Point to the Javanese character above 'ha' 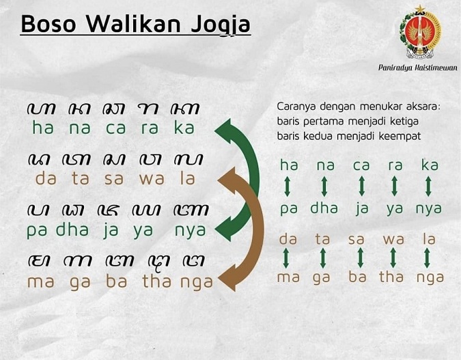click(x=42, y=109)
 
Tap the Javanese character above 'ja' click(x=111, y=210)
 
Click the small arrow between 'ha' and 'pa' click(x=288, y=186)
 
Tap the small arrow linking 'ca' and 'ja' click(x=360, y=186)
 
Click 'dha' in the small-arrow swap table click(x=324, y=209)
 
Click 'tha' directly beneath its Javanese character click(x=157, y=281)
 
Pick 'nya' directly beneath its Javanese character click(x=190, y=231)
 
